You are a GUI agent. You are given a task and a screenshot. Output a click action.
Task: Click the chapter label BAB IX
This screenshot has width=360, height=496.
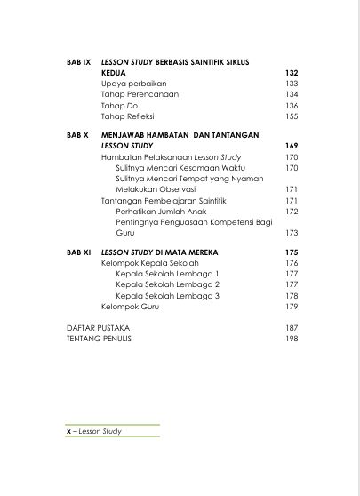(78, 62)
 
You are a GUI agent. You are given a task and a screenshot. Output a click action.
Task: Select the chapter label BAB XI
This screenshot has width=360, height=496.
(78, 253)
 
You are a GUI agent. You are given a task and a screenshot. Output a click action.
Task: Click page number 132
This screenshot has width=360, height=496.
(291, 73)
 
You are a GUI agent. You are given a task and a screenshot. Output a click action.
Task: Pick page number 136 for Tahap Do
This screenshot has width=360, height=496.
(291, 105)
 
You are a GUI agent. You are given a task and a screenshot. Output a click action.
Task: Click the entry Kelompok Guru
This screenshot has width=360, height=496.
(124, 307)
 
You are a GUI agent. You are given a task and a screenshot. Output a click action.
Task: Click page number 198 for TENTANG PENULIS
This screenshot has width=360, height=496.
(291, 339)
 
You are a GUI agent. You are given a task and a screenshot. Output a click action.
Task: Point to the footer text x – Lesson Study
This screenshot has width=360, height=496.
(94, 431)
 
